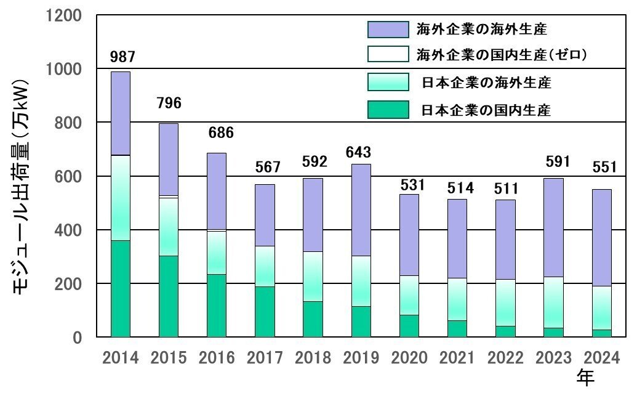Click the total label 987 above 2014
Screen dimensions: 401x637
tap(122, 57)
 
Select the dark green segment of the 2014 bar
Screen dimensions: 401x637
tap(121, 288)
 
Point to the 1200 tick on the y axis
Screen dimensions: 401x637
tap(64, 15)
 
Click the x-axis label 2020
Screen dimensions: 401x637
tap(409, 358)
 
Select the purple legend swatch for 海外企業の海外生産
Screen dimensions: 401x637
tap(388, 29)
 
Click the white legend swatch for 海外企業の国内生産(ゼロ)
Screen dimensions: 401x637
tap(388, 54)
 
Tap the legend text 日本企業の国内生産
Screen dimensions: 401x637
tap(486, 111)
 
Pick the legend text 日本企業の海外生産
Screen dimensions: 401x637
tap(486, 83)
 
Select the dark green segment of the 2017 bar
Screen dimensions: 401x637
tap(265, 311)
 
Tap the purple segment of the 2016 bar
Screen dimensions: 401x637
tap(217, 191)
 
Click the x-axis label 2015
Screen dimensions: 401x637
tap(169, 358)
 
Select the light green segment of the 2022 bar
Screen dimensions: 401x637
tap(505, 302)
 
